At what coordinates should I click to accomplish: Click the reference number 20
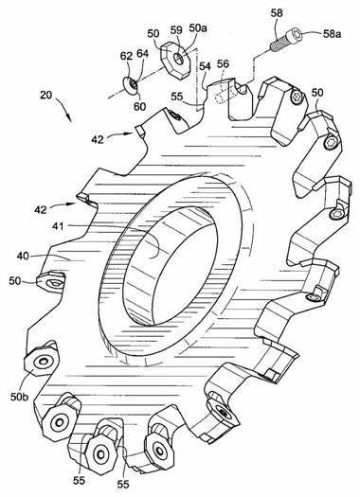[46, 95]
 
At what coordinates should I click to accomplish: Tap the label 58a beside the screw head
[333, 34]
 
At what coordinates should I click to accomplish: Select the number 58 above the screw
[277, 13]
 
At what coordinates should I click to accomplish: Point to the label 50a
[198, 27]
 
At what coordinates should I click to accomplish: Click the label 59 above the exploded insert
[176, 30]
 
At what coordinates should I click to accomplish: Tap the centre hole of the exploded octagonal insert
[179, 59]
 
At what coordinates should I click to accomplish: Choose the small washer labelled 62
[131, 85]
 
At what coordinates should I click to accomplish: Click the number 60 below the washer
[139, 106]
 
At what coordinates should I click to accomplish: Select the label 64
[142, 54]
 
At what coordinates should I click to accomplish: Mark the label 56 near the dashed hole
[223, 63]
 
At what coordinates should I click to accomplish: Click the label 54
[205, 66]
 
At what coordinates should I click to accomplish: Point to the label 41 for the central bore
[58, 226]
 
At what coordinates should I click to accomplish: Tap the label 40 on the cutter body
[23, 256]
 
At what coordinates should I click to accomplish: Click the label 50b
[19, 397]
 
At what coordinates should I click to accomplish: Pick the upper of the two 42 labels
[98, 139]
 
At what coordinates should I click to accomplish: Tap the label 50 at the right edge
[317, 93]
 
